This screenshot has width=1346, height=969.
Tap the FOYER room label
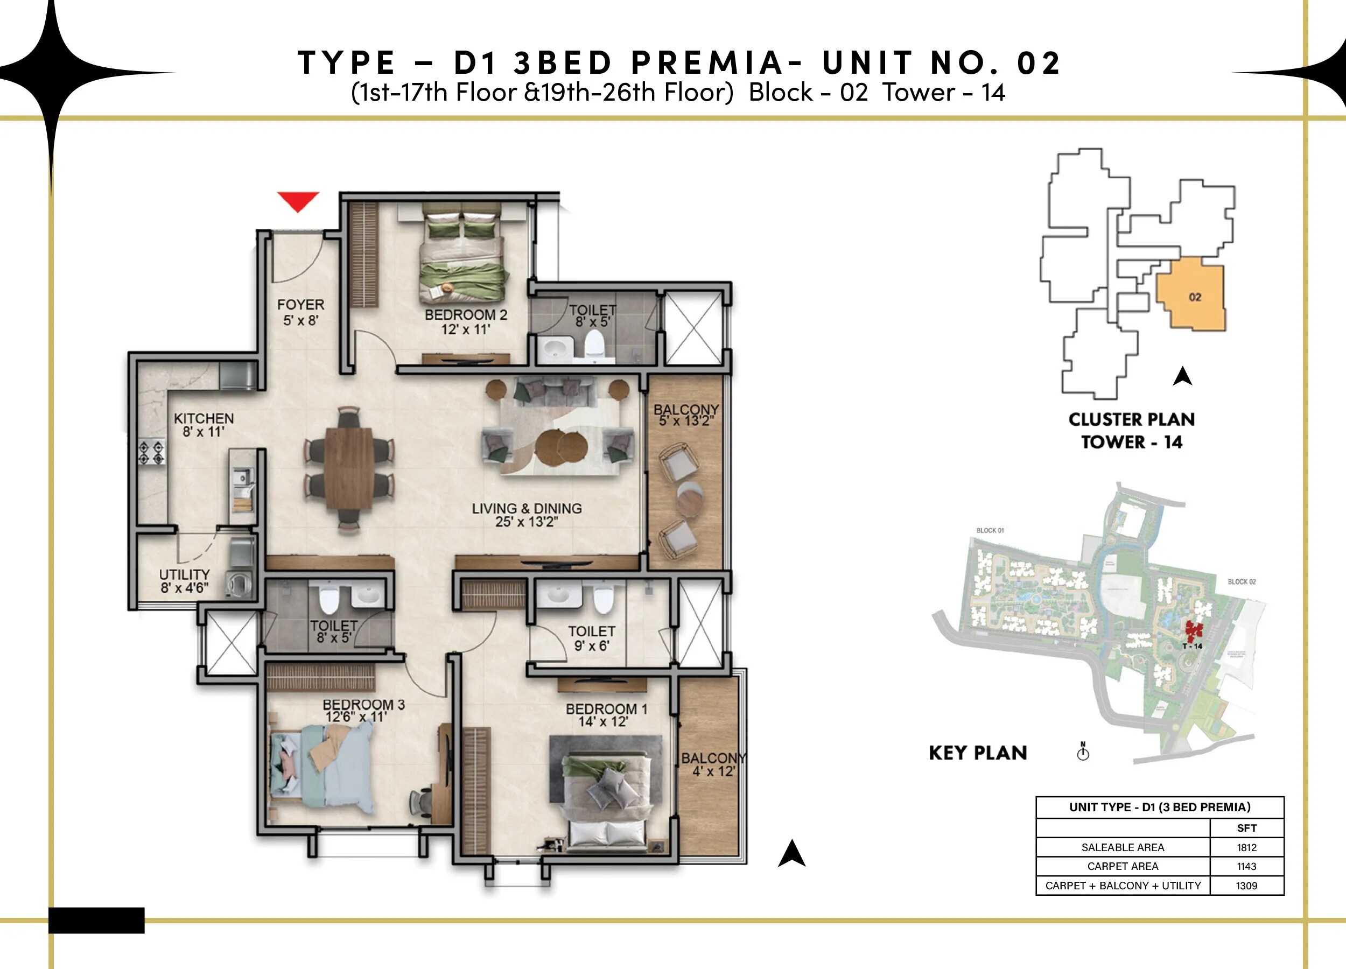click(x=300, y=312)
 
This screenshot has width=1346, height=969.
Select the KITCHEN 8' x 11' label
click(x=204, y=425)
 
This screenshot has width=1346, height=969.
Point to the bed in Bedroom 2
click(x=462, y=255)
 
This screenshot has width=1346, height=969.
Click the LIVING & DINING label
click(x=527, y=515)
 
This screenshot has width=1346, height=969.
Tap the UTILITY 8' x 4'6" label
click(x=184, y=581)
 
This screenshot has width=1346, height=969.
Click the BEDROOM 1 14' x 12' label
click(x=606, y=715)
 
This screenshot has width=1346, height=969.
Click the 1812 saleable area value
click(x=1246, y=847)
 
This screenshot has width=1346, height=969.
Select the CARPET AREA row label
click(x=1122, y=866)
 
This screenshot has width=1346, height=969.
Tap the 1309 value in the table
click(x=1246, y=886)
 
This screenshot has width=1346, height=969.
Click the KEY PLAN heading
click(x=977, y=753)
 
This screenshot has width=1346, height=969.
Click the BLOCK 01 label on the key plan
click(x=990, y=530)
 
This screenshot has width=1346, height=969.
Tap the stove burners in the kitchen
click(x=152, y=452)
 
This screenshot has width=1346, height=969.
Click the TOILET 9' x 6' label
click(x=591, y=638)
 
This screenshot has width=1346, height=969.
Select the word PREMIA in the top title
click(x=707, y=62)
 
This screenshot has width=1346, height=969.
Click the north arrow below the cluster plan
click(x=1182, y=376)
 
